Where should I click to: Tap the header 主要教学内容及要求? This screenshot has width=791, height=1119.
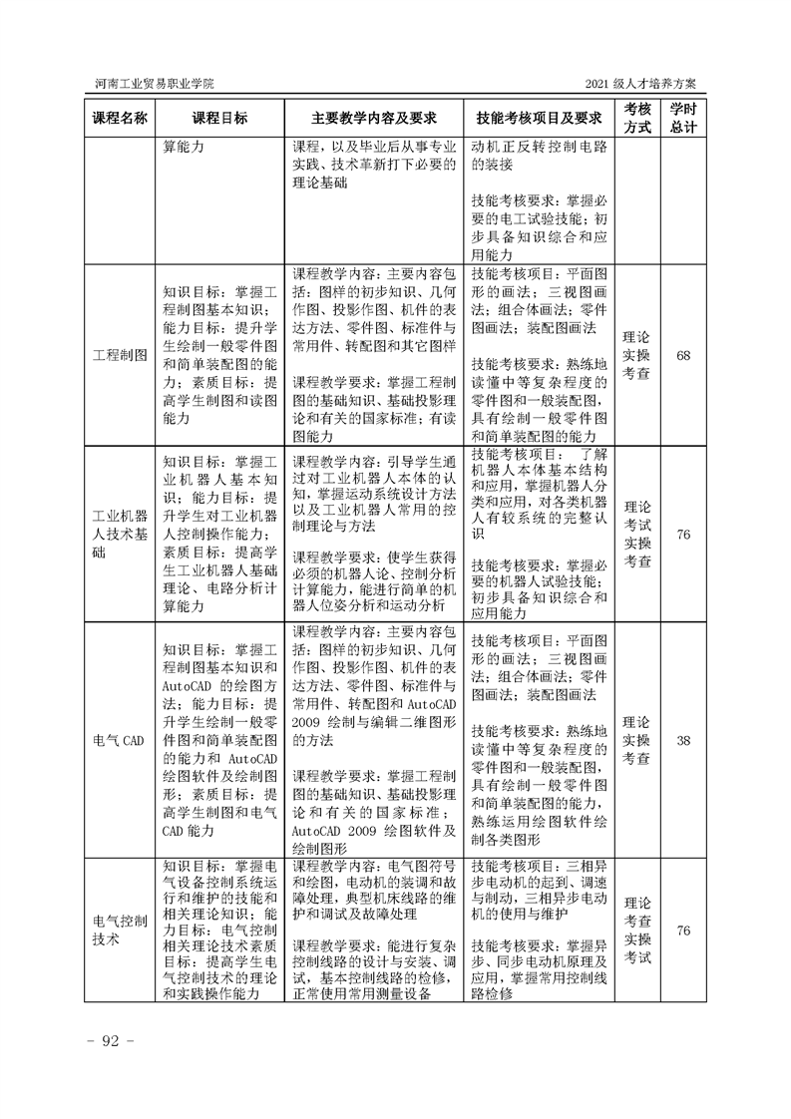pyautogui.click(x=375, y=118)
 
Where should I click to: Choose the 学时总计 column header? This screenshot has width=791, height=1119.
pyautogui.click(x=683, y=118)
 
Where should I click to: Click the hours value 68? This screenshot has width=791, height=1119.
pyautogui.click(x=683, y=356)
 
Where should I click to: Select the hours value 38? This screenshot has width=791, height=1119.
pyautogui.click(x=683, y=741)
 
